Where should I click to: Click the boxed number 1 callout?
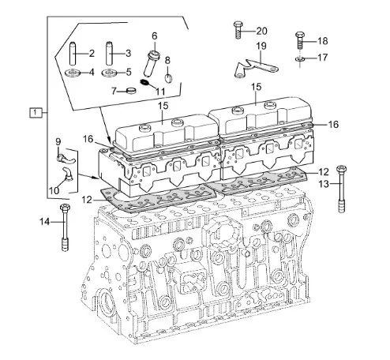(x=36, y=113)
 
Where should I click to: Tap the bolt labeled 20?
(x=238, y=30)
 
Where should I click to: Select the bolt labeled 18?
(x=300, y=40)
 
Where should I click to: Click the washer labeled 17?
(x=299, y=58)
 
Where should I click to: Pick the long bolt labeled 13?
(x=341, y=189)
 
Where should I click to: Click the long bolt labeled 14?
(x=65, y=227)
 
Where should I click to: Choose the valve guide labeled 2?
(x=73, y=54)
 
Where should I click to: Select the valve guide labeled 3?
(x=109, y=53)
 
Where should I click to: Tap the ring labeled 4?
(x=73, y=73)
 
